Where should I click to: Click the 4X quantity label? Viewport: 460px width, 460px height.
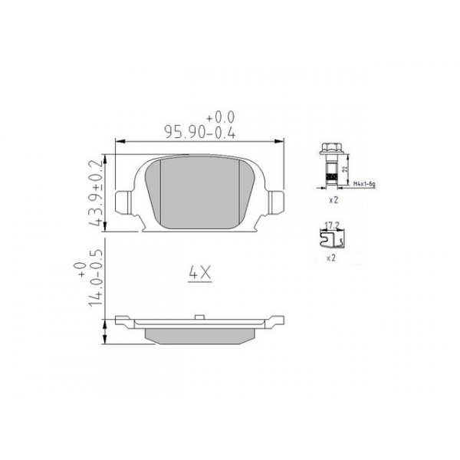(x=198, y=272)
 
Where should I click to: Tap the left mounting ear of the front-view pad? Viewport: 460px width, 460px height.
(x=123, y=202)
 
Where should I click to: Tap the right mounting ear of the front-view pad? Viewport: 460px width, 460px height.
(x=277, y=202)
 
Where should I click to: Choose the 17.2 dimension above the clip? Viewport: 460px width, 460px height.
(x=333, y=225)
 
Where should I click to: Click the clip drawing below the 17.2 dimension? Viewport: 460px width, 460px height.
(x=332, y=238)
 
